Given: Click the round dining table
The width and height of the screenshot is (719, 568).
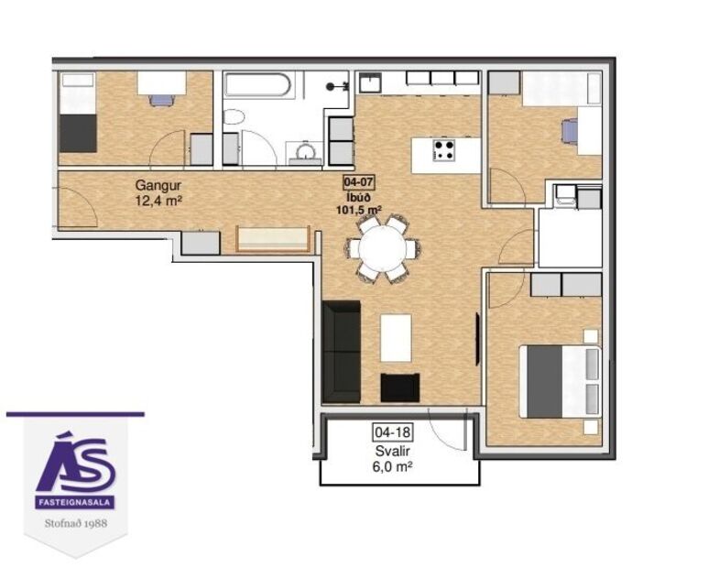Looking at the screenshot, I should (384, 247).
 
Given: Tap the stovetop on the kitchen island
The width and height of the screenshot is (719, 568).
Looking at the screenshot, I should (445, 149).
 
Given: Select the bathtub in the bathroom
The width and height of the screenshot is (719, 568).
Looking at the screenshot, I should (258, 88).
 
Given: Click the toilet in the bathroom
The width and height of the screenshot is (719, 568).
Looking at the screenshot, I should (234, 118).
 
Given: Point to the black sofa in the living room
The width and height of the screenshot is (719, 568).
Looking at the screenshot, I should (342, 351).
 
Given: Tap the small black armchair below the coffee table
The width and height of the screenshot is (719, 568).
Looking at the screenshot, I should (399, 388).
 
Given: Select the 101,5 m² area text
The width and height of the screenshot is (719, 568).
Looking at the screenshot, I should (359, 208).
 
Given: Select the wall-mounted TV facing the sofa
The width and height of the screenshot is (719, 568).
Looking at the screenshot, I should (477, 338).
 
